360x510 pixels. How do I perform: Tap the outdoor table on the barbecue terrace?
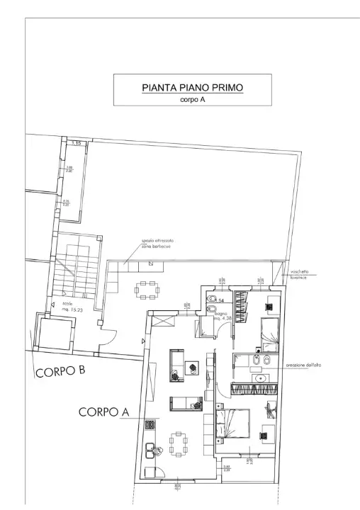(147, 289)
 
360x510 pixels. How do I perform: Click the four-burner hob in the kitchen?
(150, 426)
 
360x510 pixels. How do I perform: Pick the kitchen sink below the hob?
(149, 449)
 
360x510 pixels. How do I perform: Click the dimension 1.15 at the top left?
(77, 143)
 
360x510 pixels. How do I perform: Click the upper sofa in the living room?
(176, 361)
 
